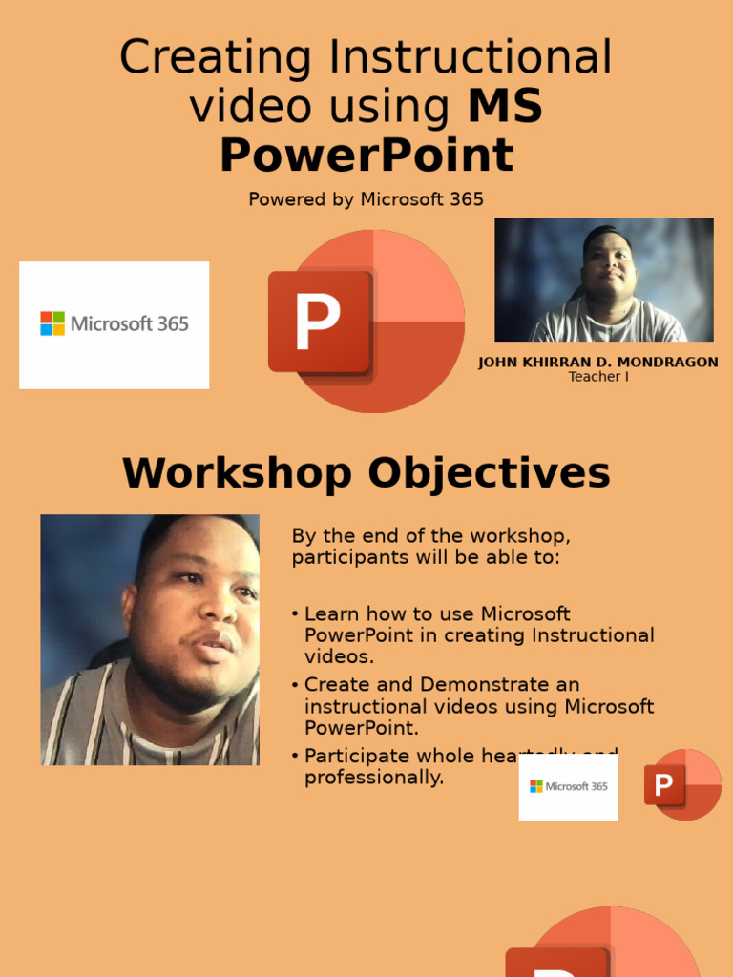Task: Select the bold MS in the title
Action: pyautogui.click(x=505, y=106)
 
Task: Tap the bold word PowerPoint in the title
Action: pyautogui.click(x=366, y=155)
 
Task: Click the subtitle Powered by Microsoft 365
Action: pyautogui.click(x=366, y=199)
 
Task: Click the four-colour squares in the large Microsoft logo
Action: pyautogui.click(x=52, y=323)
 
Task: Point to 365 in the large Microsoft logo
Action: pyautogui.click(x=173, y=323)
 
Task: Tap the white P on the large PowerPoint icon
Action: pyautogui.click(x=317, y=322)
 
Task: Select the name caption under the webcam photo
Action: pyautogui.click(x=597, y=363)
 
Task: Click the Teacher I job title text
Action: pyautogui.click(x=598, y=377)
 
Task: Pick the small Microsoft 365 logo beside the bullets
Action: pyautogui.click(x=569, y=786)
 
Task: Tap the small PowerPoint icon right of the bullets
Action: pyautogui.click(x=682, y=785)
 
